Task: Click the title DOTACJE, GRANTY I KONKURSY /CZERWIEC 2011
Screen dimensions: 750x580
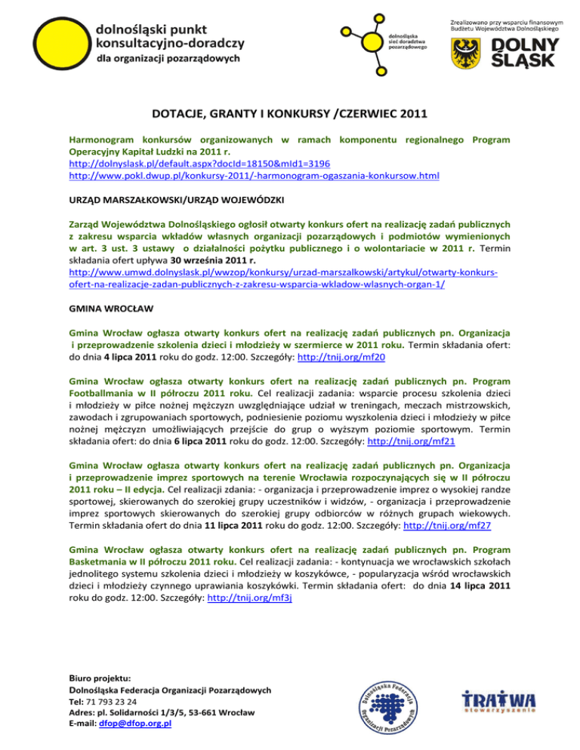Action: click(289, 115)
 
